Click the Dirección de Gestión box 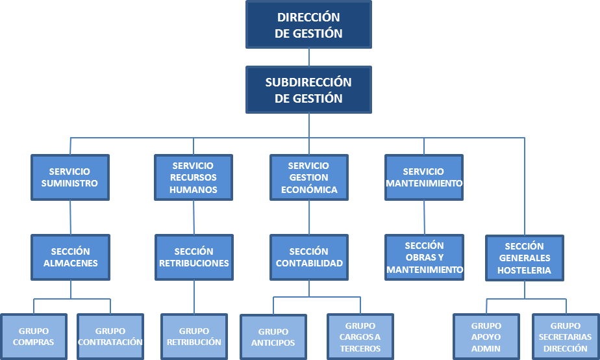coord(308,25)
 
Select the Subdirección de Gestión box coord(308,90)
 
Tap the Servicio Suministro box coord(69,177)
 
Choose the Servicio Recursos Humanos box coord(194,177)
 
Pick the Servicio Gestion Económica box coord(309,177)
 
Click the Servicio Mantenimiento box coord(423,177)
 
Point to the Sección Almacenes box coord(71,257)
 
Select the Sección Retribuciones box coord(194,257)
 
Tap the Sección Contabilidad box coord(309,257)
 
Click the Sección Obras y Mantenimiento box coord(424,257)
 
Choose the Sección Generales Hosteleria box coord(524,258)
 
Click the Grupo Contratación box coord(110,337)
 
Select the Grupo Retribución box coord(194,337)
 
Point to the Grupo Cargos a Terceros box coord(360,337)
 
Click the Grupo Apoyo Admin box coord(486,337)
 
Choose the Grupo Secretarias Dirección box coord(565,337)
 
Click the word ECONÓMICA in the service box coord(309,190)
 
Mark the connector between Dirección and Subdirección coord(309,57)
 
